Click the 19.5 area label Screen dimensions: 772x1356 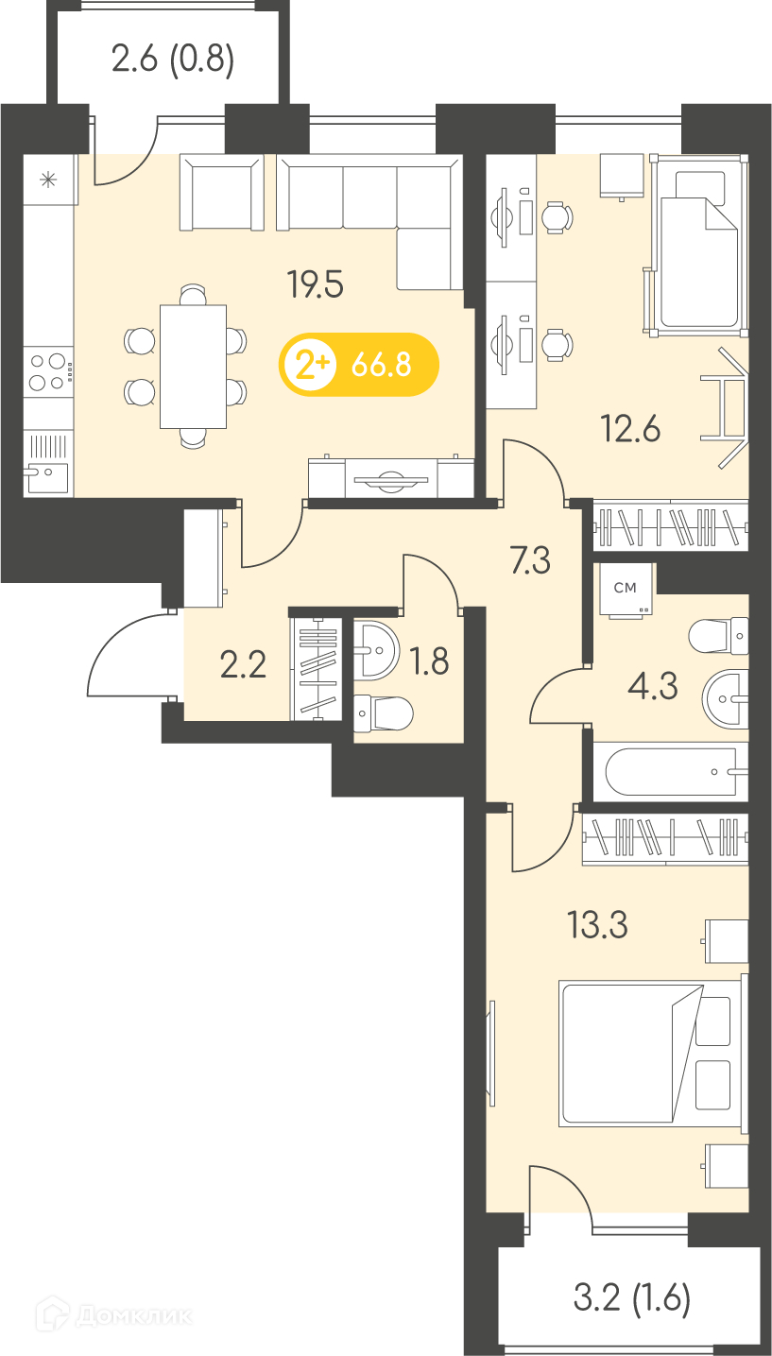click(x=315, y=284)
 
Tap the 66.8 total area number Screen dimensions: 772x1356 click(x=382, y=365)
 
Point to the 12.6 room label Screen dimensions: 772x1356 click(x=629, y=429)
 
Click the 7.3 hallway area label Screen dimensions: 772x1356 click(x=530, y=560)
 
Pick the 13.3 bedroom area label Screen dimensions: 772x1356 click(x=597, y=924)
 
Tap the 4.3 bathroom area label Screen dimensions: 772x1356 click(x=653, y=686)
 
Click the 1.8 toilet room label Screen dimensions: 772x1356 click(x=429, y=661)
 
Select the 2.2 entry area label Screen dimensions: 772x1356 click(x=243, y=664)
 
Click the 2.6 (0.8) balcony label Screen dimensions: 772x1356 click(x=173, y=60)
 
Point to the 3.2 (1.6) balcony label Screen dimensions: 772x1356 click(x=631, y=1297)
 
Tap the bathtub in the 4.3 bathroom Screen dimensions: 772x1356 click(x=671, y=772)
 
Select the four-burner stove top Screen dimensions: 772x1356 click(x=48, y=372)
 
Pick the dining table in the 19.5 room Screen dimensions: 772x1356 click(x=193, y=367)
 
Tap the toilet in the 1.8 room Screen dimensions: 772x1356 click(x=383, y=712)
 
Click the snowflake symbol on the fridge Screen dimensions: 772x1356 click(x=48, y=180)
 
